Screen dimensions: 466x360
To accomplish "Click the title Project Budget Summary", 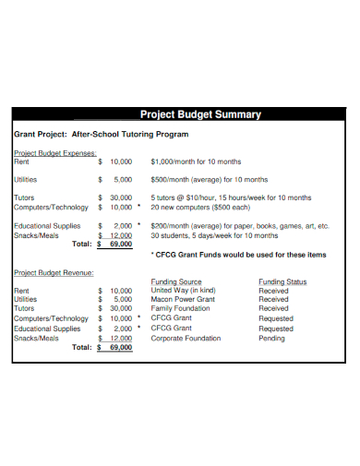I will click(199, 115).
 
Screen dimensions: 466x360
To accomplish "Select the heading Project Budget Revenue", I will click(54, 272).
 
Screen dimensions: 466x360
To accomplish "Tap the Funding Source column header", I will click(176, 281).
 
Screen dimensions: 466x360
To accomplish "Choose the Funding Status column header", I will click(283, 281).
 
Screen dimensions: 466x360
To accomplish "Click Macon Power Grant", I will click(183, 300).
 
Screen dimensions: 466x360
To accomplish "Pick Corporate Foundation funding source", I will click(186, 339).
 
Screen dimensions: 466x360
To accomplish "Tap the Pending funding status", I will click(272, 339).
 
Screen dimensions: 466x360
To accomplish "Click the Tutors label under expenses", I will click(25, 197).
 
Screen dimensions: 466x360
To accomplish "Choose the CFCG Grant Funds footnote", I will click(237, 255).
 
